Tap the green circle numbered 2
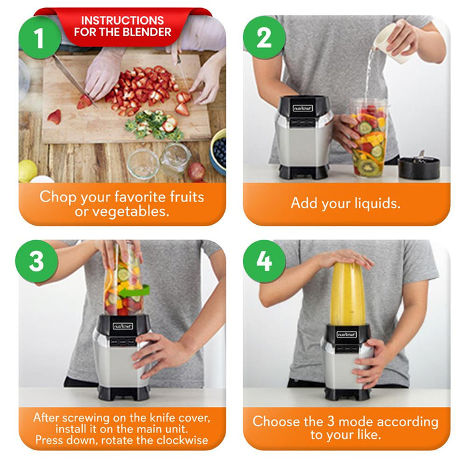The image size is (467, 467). (264, 37)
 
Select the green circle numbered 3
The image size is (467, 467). (37, 262)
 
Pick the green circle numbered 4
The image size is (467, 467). (264, 262)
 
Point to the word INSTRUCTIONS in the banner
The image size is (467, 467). (122, 20)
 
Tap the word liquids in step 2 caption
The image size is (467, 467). (378, 203)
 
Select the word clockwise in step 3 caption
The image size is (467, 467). (182, 440)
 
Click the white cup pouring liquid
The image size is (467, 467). (391, 43)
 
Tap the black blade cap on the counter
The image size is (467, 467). (419, 167)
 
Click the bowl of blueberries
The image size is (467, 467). (218, 151)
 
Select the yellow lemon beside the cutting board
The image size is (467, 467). (27, 171)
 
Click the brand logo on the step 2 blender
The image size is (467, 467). (303, 108)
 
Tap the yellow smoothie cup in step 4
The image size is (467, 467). (348, 294)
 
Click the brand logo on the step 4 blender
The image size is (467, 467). (346, 334)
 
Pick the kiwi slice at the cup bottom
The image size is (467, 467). (370, 168)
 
